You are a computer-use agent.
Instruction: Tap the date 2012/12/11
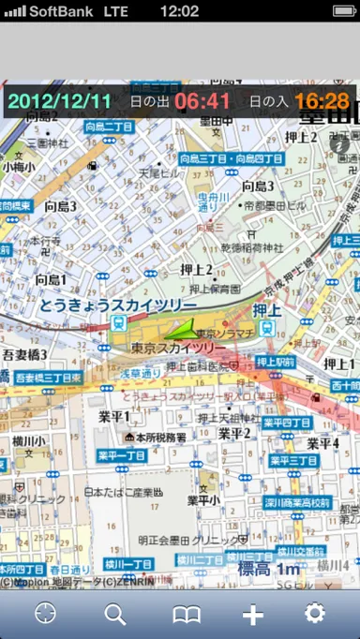tap(60, 100)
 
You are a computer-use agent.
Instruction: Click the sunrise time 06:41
tap(202, 100)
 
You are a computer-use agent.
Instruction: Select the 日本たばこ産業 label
tap(124, 491)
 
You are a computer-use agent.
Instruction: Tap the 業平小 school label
tap(204, 499)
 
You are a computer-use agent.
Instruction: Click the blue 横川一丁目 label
tap(128, 564)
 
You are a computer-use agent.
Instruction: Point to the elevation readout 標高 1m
tap(268, 568)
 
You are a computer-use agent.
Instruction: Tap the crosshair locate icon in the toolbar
tap(46, 614)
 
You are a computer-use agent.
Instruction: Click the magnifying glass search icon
tap(115, 614)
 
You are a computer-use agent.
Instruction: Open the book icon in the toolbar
tap(187, 614)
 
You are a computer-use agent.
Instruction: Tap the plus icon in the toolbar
tap(252, 614)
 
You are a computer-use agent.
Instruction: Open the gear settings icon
tap(314, 614)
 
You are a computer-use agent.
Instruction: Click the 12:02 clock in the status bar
tap(179, 11)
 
